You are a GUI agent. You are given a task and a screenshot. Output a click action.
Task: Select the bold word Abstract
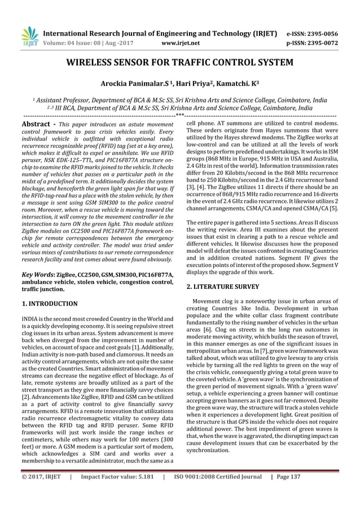[x=37, y=123]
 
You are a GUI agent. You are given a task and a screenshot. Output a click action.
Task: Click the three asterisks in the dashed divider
[x=179, y=115]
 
